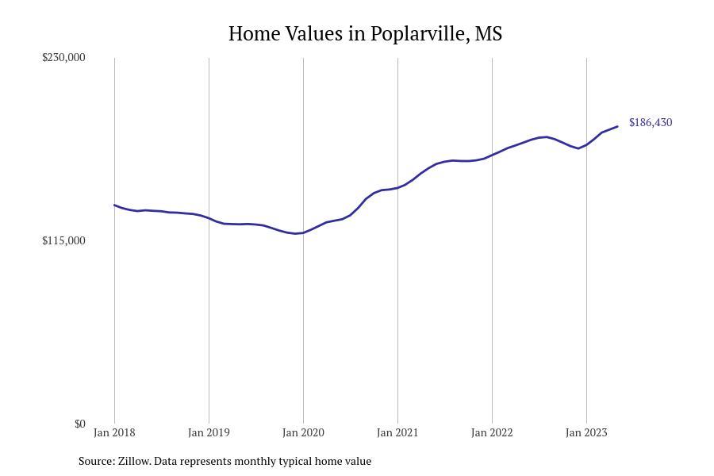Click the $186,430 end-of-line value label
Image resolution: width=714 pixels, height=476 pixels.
[x=651, y=122]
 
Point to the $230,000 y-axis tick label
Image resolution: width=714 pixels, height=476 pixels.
[x=63, y=57]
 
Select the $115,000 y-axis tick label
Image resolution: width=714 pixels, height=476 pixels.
[x=63, y=240]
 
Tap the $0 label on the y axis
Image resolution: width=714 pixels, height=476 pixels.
[x=79, y=424]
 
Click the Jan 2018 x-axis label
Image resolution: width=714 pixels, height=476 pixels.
[x=114, y=432]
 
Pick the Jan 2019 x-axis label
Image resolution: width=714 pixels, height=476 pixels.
[x=209, y=432]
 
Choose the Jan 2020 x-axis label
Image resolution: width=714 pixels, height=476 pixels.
[x=303, y=432]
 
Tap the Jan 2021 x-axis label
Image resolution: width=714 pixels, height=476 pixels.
[x=397, y=432]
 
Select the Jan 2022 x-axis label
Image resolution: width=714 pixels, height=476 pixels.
[x=492, y=432]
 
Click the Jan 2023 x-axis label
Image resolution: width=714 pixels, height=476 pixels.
[x=586, y=432]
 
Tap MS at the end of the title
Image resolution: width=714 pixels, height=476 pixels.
[x=489, y=33]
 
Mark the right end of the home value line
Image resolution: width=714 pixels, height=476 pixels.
[x=617, y=126]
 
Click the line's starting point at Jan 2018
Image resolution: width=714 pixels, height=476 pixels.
[x=114, y=205]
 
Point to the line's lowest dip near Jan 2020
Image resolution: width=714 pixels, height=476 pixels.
[x=296, y=234]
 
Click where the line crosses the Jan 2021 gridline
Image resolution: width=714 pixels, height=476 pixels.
[x=397, y=188]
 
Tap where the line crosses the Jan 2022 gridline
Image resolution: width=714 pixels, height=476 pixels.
[x=492, y=155]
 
